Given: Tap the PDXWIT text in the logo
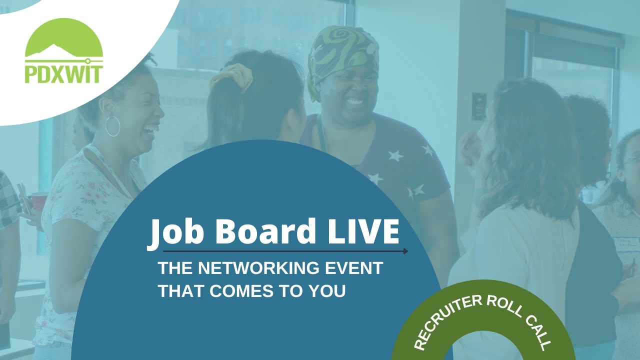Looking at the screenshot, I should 63,73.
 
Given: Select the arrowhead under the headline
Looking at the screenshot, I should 405,251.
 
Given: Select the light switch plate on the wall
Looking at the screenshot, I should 478,106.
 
